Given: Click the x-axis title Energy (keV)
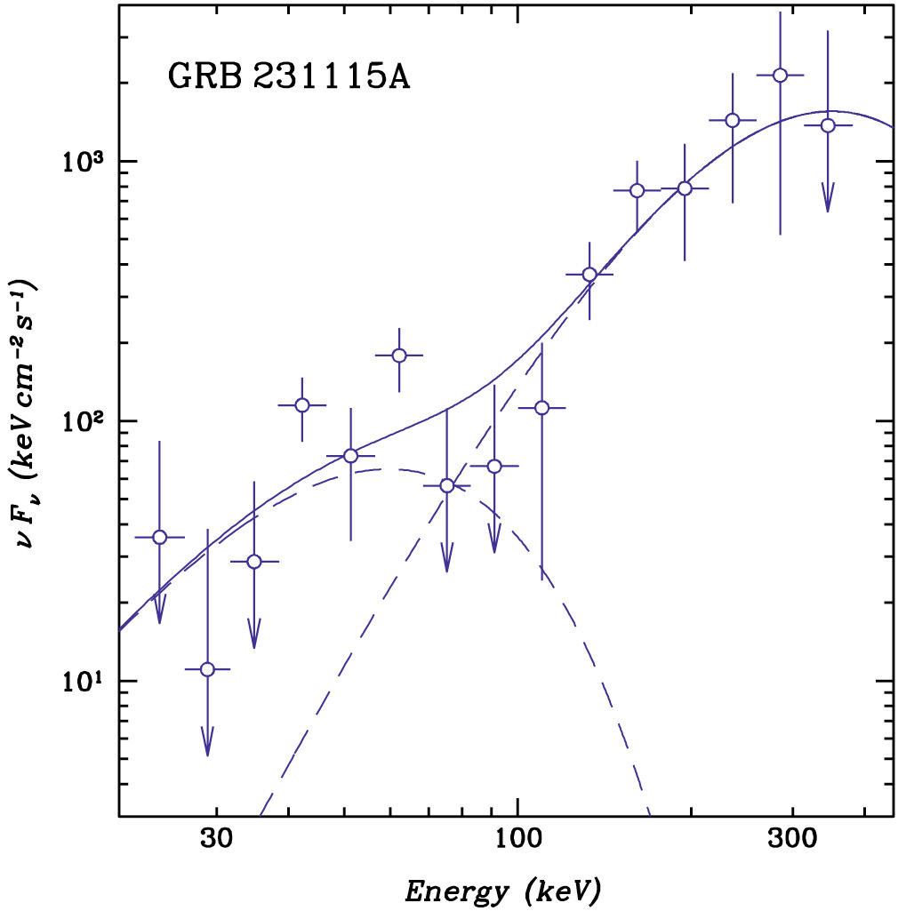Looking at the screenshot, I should tap(502, 889).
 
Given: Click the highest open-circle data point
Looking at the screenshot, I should tap(780, 76).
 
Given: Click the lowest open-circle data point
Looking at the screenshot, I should tap(207, 669).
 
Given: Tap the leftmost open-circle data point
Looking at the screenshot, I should tap(160, 537).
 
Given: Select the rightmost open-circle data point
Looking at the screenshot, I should tap(828, 125).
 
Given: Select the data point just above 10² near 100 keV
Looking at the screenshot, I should tap(541, 407).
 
